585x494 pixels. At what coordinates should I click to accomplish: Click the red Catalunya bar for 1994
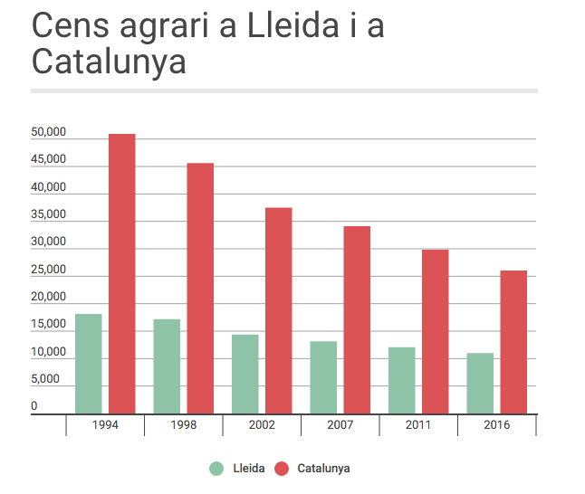click(122, 273)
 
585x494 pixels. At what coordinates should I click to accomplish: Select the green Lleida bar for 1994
click(89, 364)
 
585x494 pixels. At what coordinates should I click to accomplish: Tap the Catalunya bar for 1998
click(200, 289)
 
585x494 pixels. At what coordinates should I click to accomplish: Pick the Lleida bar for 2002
click(245, 374)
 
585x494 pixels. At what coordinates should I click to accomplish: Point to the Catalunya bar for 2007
click(357, 320)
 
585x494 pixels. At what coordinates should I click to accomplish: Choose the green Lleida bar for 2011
click(402, 380)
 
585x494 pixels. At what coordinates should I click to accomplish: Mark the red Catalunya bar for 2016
click(513, 342)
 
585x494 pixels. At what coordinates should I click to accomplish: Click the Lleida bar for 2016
click(480, 384)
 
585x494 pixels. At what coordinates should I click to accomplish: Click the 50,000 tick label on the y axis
click(49, 132)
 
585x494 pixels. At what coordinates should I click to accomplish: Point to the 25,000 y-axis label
click(49, 270)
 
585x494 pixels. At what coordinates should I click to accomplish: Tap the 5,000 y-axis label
click(45, 379)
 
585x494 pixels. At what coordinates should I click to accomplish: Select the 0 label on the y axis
click(34, 406)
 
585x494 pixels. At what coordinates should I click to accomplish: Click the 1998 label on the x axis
click(184, 424)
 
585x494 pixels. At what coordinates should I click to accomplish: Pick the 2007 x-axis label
click(340, 424)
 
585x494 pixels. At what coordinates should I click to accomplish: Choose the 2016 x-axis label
click(497, 424)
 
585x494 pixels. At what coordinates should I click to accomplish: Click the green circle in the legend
click(216, 469)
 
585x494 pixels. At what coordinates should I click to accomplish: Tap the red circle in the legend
click(282, 469)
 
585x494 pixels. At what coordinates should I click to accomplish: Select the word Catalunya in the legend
click(323, 469)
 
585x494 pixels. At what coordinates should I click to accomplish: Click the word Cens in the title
click(71, 25)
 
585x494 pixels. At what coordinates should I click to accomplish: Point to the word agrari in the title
click(164, 27)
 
